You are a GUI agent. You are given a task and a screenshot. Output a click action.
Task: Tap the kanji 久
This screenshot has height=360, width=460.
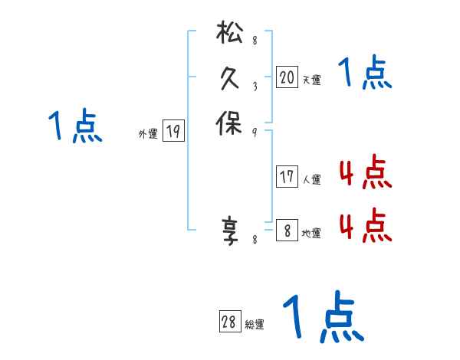[x=229, y=79]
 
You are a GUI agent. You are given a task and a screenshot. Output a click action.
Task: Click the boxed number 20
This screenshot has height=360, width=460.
[x=287, y=77]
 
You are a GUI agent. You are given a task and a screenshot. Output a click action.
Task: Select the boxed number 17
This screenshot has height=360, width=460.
[x=287, y=178]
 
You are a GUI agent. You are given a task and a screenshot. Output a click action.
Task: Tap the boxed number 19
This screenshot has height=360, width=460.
[x=173, y=132]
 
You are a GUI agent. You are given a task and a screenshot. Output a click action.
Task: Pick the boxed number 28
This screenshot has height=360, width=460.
[x=229, y=322]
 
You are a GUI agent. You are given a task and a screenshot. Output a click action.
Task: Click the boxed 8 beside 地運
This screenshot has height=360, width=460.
[x=287, y=230]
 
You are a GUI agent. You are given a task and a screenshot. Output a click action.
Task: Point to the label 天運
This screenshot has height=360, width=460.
[x=311, y=79]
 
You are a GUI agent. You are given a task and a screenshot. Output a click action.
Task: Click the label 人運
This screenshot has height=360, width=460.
[x=311, y=180]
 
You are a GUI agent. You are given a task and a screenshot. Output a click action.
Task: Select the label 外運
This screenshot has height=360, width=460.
[x=148, y=134]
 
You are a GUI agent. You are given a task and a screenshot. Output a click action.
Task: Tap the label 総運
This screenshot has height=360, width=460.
[x=255, y=325]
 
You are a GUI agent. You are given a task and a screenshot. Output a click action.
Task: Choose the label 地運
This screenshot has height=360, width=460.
[x=311, y=233]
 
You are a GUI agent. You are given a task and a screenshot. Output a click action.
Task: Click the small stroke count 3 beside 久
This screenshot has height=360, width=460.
[x=254, y=87]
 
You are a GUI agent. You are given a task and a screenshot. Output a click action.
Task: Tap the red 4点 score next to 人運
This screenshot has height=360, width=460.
[x=366, y=173]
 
